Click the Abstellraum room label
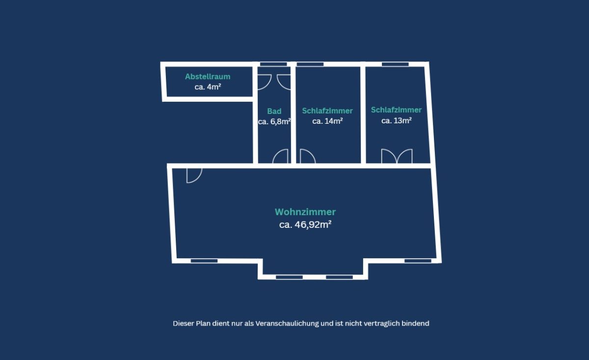coord(208,77)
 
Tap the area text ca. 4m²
coord(208,87)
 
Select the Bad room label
coord(274,111)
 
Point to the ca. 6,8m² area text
coord(274,122)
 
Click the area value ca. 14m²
coord(327,121)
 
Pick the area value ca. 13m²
coord(396,120)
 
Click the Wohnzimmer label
coord(305,212)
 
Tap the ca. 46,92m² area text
coord(305,225)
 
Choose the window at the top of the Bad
coord(273,64)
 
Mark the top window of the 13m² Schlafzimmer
coord(395,64)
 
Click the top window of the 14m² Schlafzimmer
coord(310,64)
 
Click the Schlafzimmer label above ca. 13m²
coord(396,110)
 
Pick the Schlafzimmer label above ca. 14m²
coord(327,111)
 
